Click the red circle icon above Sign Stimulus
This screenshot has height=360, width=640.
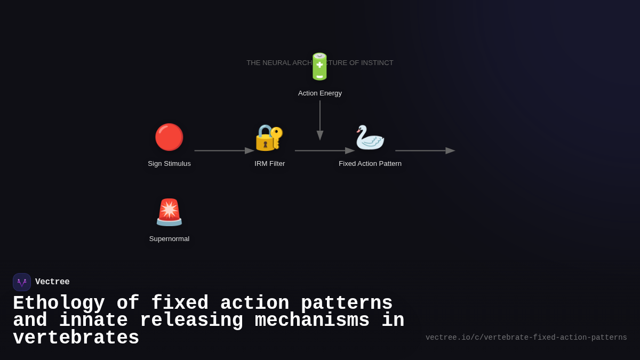point(169,137)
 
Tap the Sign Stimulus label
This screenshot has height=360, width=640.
point(169,164)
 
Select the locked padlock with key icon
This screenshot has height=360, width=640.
point(269,138)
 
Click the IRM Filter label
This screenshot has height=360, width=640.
point(269,164)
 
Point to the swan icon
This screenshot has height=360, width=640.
point(370,138)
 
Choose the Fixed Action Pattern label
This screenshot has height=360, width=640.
point(370,164)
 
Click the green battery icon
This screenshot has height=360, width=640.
point(319,67)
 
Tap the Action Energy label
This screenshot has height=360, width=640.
point(320,93)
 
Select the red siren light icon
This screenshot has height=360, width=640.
point(169,212)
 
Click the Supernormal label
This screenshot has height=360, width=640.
point(169,239)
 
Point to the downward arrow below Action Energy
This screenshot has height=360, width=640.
point(320,120)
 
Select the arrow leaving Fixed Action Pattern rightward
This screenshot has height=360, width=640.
point(425,151)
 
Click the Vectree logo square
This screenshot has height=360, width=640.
point(22,282)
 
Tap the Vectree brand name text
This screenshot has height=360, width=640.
point(52,282)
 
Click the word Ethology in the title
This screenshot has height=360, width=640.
point(59,303)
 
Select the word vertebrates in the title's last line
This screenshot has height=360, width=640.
point(76,338)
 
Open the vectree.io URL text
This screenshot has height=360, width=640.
point(526,338)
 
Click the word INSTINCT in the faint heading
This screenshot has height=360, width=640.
point(377,63)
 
